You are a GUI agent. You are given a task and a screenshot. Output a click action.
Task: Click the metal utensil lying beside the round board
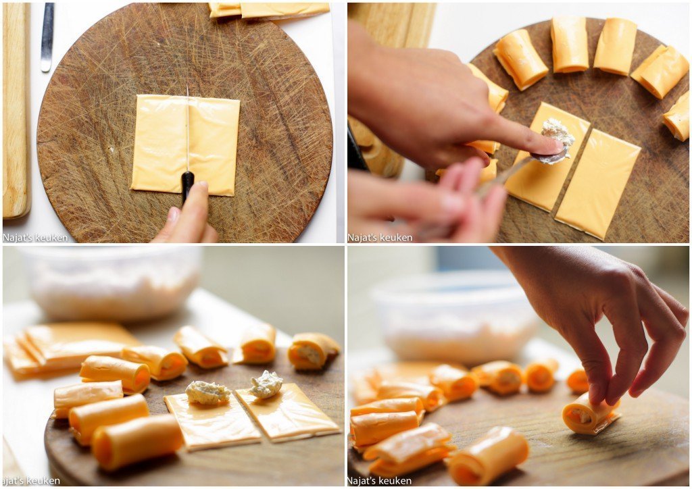pos(47,37)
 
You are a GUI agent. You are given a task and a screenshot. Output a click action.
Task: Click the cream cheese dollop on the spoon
pos(558,134)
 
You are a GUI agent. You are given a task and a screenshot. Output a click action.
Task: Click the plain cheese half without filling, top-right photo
pos(597,184)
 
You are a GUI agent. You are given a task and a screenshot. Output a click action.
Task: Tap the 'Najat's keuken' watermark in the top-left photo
pos(35,238)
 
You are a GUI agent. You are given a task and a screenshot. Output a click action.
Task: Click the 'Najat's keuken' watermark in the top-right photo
pos(380,238)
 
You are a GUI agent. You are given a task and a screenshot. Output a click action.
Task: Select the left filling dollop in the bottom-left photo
pos(207,392)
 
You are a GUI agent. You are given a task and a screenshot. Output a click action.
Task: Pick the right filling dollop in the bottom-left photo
pos(266,384)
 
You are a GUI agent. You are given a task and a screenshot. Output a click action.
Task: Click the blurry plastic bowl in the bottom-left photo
pos(110,282)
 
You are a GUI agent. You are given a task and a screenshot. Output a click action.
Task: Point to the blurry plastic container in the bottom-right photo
pos(455,319)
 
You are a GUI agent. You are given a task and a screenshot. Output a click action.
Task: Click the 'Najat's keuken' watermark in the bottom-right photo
pos(380,480)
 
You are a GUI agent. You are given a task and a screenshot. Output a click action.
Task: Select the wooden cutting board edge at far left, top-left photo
pos(16,110)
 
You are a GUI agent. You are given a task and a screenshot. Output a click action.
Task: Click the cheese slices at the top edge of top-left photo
pos(269,10)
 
